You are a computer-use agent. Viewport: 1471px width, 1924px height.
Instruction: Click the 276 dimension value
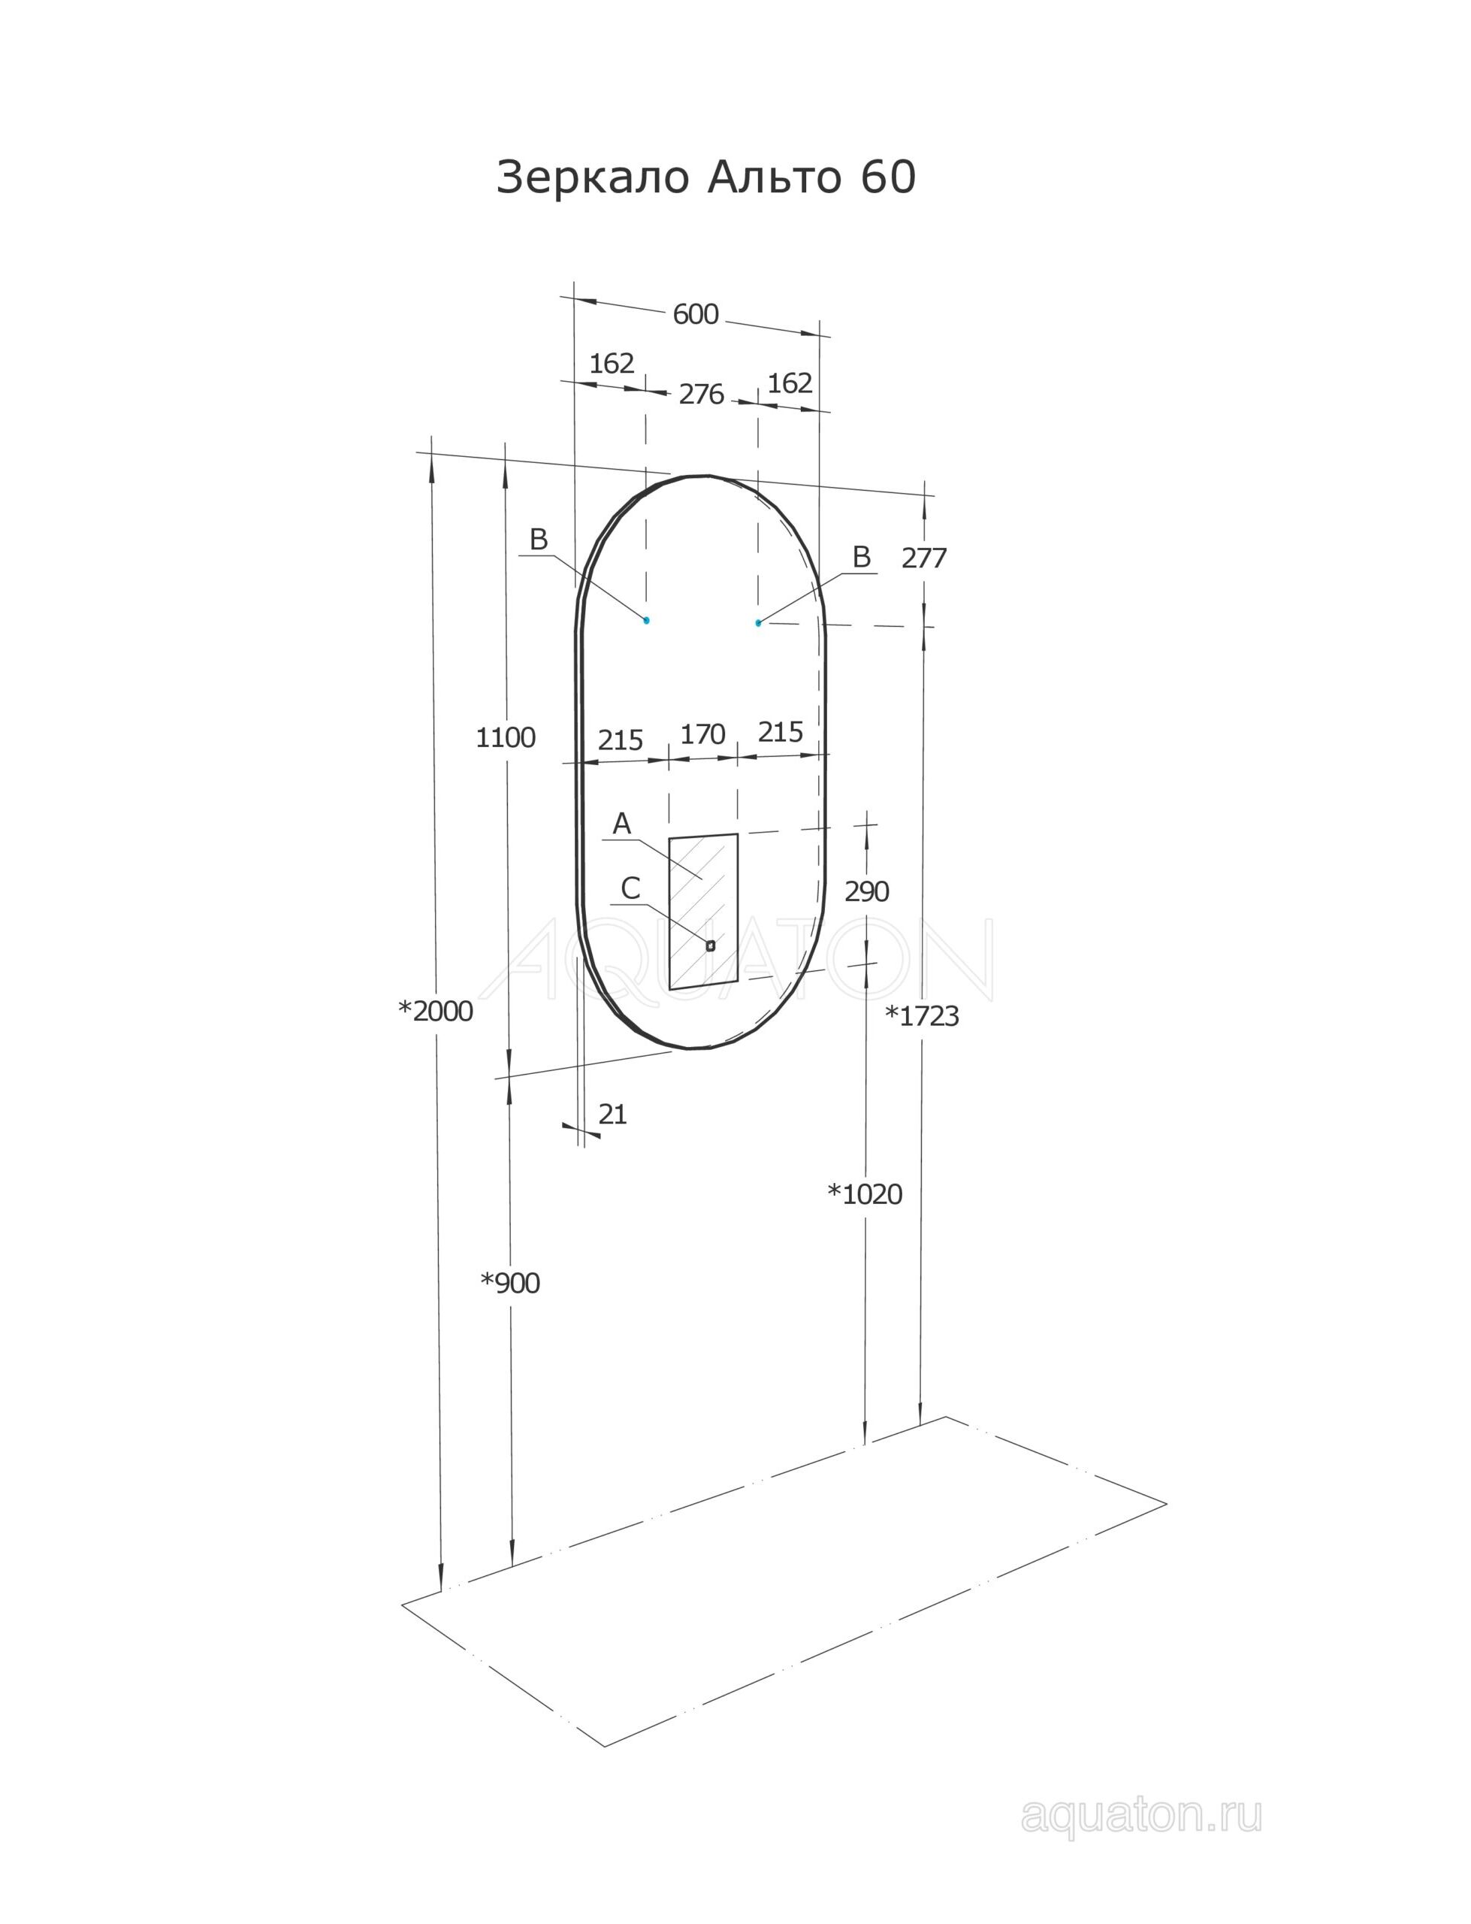tap(702, 395)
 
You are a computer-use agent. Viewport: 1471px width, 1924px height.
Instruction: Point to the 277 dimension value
tap(924, 558)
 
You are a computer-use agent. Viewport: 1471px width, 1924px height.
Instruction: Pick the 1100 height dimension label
tap(505, 737)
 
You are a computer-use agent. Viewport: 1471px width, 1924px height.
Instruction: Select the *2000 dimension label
tap(435, 1012)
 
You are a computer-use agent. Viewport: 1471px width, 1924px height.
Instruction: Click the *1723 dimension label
tap(922, 1016)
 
